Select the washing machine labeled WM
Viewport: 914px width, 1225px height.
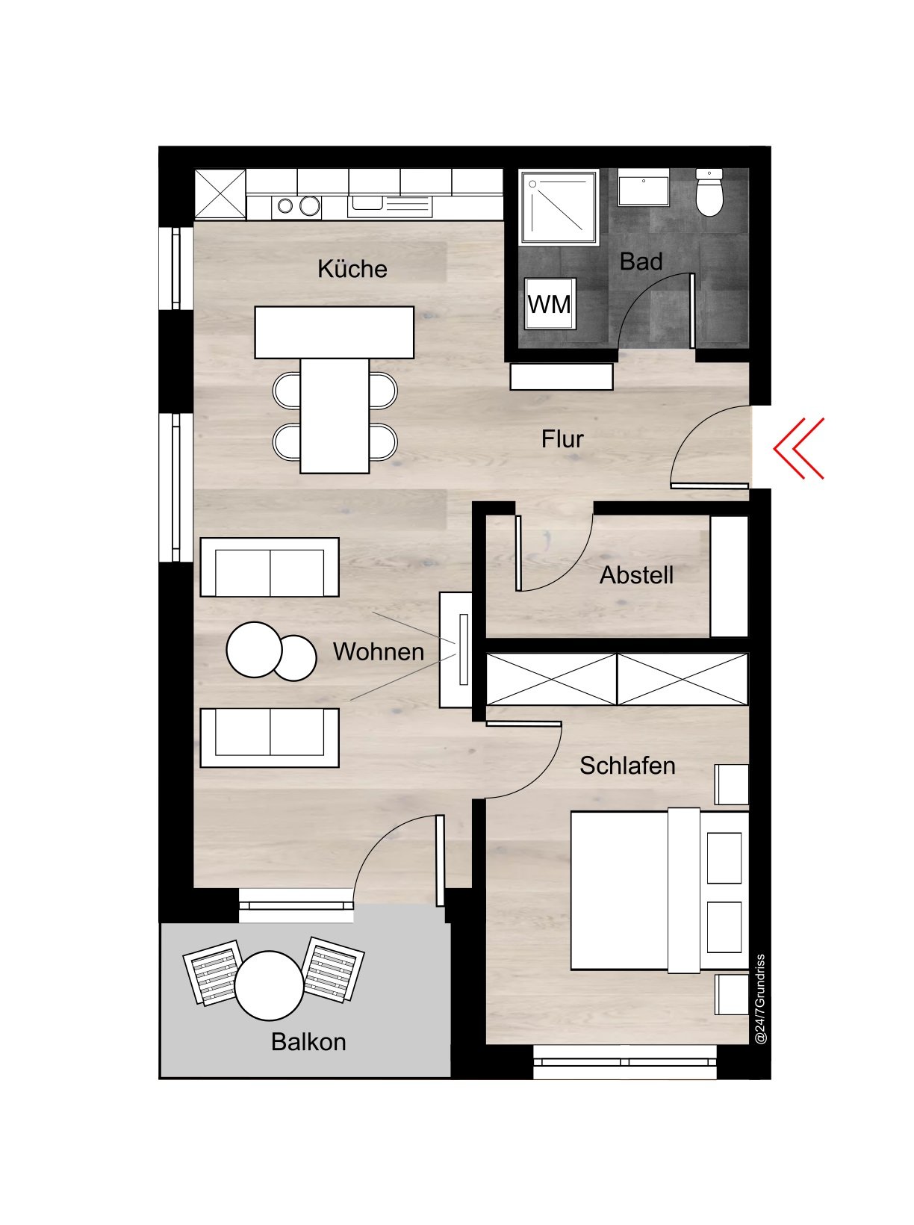click(550, 303)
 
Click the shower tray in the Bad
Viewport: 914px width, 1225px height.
click(560, 207)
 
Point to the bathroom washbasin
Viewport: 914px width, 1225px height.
click(643, 190)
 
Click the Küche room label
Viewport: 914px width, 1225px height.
click(352, 269)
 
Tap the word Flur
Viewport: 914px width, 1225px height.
click(562, 439)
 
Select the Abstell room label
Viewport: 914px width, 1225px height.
click(636, 575)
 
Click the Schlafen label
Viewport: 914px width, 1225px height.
click(627, 766)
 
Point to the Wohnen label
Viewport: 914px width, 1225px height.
click(379, 651)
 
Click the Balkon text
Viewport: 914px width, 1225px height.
click(308, 1041)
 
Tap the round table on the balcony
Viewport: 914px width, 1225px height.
click(269, 985)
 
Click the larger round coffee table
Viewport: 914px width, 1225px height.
click(254, 649)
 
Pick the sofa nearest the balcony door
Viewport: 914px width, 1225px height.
click(269, 737)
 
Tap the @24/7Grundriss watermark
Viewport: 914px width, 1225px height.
click(760, 999)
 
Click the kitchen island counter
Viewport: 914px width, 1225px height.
click(334, 332)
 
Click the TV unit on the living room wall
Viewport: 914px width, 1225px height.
click(455, 649)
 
